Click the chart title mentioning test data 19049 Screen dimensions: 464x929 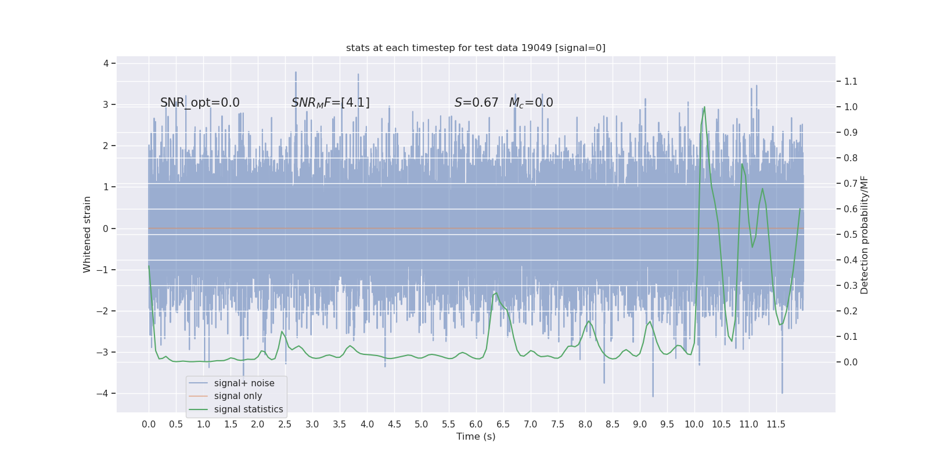click(x=476, y=48)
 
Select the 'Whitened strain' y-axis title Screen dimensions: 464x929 click(x=87, y=234)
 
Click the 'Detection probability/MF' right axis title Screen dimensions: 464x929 click(x=865, y=234)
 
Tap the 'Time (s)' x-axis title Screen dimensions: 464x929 click(x=476, y=436)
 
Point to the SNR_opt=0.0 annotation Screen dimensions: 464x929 click(x=200, y=103)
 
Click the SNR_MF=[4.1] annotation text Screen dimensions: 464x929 click(x=330, y=103)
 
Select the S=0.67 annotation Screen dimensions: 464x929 click(x=476, y=103)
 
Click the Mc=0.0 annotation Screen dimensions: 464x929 click(x=531, y=103)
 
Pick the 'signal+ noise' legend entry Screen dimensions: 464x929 click(x=244, y=383)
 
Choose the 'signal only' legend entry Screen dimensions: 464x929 click(x=238, y=396)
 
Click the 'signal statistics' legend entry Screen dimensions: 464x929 click(x=249, y=409)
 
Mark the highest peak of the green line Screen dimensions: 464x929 click(x=704, y=107)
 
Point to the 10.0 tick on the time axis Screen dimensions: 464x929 click(x=694, y=424)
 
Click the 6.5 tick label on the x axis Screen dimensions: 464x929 click(x=503, y=424)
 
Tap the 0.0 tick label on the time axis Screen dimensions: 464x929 click(x=149, y=424)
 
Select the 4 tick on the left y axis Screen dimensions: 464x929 click(x=106, y=63)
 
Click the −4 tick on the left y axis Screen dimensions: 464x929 click(x=103, y=393)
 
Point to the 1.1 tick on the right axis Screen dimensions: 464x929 click(x=851, y=81)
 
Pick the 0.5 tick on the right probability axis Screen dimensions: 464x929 click(x=851, y=234)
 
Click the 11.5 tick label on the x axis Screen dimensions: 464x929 click(x=776, y=424)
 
